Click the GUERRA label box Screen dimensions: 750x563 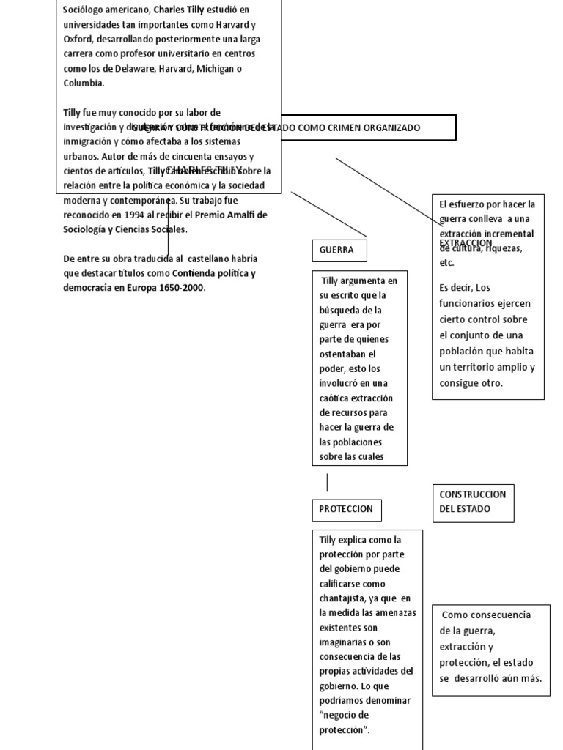click(x=339, y=250)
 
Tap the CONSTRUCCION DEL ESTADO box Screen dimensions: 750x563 click(x=472, y=502)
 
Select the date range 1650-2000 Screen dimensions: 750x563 click(x=183, y=288)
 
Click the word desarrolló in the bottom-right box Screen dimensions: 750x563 click(x=487, y=678)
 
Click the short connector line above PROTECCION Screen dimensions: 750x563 click(x=327, y=483)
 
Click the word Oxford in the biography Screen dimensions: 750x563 click(x=78, y=39)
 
